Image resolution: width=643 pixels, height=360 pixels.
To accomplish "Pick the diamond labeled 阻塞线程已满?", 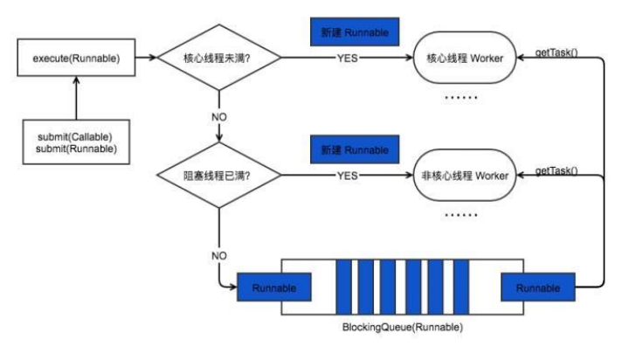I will coord(218,176).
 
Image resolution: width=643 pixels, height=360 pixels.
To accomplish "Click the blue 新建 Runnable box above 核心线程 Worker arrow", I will coord(354,32).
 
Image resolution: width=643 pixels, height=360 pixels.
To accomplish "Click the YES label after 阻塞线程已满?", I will coord(348,176).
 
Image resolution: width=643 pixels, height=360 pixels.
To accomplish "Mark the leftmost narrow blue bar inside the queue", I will coord(344,287).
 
